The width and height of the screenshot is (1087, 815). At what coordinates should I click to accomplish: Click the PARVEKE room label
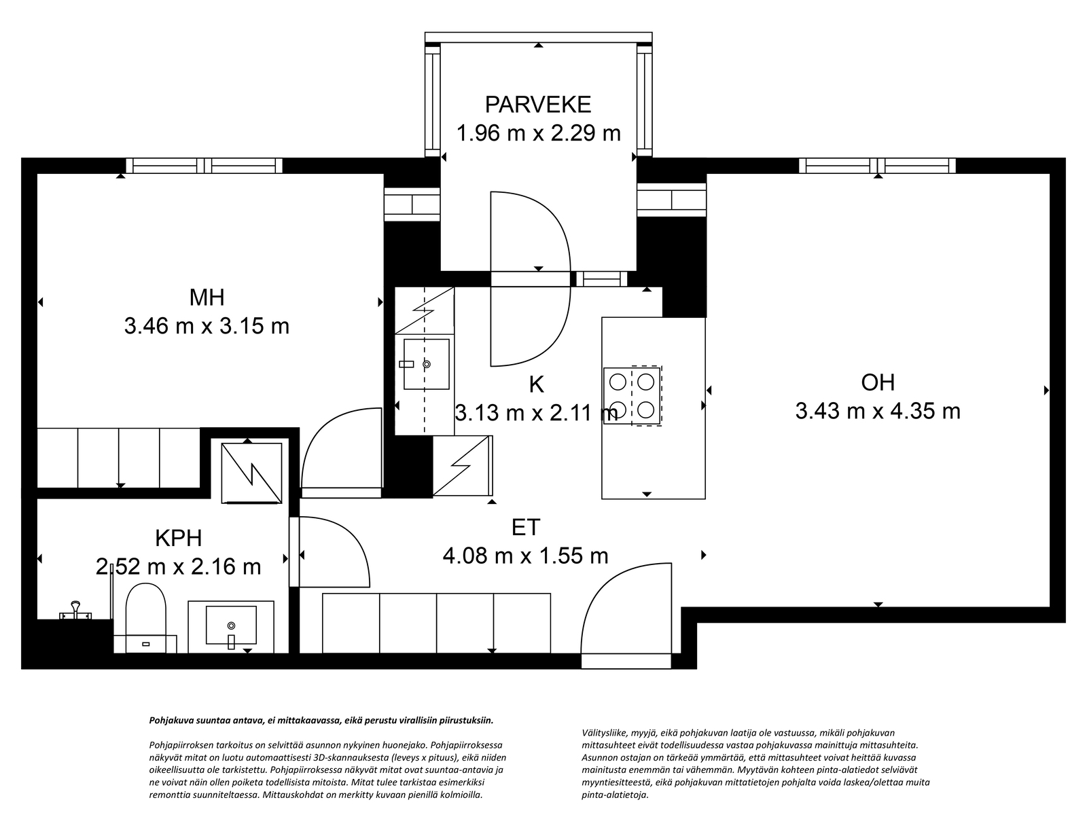(538, 105)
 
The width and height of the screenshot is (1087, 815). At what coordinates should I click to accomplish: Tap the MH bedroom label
(207, 297)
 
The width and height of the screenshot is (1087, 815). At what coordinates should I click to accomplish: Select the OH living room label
(878, 382)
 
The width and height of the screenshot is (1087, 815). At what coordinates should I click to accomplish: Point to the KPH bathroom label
(179, 539)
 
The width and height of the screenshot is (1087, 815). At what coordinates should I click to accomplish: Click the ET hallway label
(526, 528)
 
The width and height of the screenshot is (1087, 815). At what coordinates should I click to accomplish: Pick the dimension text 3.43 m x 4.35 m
(878, 411)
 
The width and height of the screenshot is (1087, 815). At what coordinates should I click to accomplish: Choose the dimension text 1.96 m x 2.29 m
(538, 133)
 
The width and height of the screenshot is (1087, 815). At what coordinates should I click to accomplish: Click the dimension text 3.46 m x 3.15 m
(207, 326)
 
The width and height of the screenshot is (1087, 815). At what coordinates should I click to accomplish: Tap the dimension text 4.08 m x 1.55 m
(526, 556)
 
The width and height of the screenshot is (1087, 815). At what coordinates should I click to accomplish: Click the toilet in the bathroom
(145, 617)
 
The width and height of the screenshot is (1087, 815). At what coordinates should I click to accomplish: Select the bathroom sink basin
(231, 625)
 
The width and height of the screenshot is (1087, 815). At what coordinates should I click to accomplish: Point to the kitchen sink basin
(427, 364)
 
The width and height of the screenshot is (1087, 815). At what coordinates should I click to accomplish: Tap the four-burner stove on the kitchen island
(632, 396)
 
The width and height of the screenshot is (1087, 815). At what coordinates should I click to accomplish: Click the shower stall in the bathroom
(251, 473)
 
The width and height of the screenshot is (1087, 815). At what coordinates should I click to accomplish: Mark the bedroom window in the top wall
(204, 165)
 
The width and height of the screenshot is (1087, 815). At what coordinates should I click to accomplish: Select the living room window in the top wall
(878, 165)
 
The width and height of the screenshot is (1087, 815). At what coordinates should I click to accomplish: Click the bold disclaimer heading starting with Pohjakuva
(321, 720)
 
